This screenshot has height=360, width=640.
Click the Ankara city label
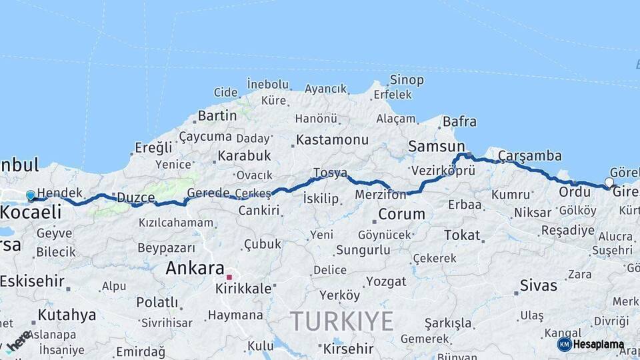tap(194, 269)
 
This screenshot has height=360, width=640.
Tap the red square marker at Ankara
tap(229, 277)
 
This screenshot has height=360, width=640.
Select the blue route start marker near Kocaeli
tap(30, 196)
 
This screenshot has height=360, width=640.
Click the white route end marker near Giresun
tap(609, 182)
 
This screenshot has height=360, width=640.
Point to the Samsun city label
tap(436, 146)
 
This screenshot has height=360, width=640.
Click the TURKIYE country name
tap(341, 321)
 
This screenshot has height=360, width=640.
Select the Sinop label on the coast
tap(407, 80)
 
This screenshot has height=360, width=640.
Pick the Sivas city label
tap(539, 286)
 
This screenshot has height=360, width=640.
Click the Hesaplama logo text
tap(598, 345)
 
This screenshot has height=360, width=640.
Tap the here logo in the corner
tap(18, 341)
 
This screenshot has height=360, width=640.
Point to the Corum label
tap(401, 214)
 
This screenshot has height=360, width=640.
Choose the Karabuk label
tap(243, 155)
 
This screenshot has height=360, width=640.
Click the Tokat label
tap(462, 235)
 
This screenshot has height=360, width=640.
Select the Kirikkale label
tap(243, 289)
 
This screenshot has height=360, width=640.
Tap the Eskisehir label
tap(32, 281)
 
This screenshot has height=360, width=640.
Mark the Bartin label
tap(217, 115)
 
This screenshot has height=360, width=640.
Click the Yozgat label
tap(386, 281)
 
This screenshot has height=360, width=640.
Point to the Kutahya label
tap(67, 314)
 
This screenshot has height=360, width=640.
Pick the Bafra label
tap(460, 121)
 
